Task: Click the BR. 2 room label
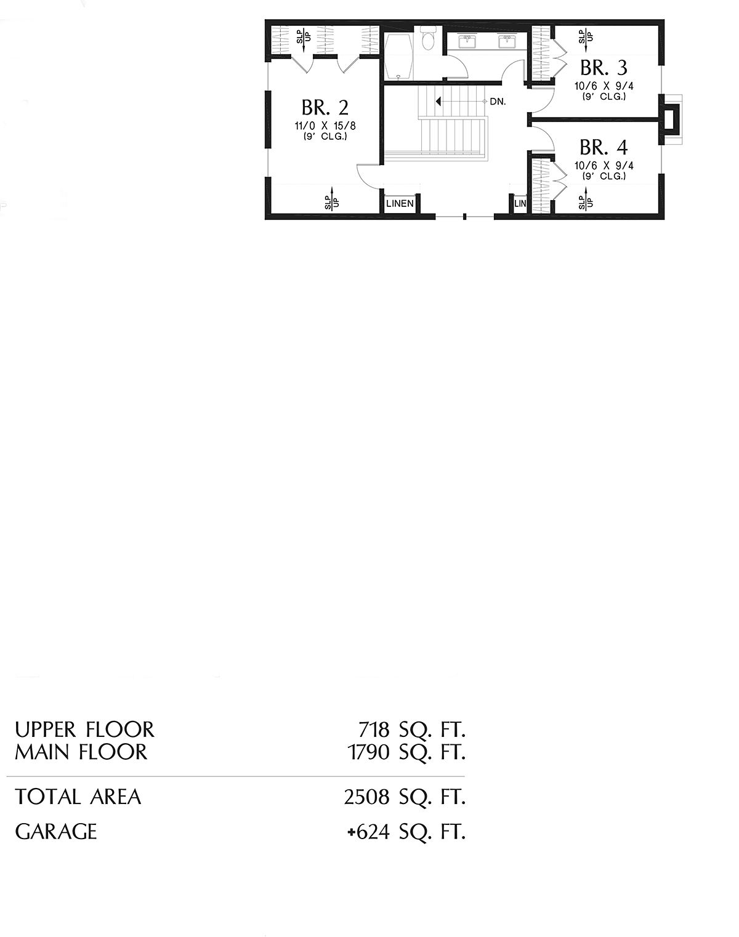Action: coord(325,108)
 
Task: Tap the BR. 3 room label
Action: coord(604,68)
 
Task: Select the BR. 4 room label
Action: coord(604,148)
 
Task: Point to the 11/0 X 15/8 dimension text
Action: coord(325,126)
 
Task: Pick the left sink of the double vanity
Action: coord(467,41)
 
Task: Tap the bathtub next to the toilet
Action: coord(398,57)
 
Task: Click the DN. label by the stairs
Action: coord(498,102)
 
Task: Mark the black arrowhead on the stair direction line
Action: coord(438,102)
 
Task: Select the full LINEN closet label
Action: coord(400,203)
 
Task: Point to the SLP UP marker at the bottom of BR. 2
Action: coord(332,199)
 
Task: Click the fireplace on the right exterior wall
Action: coord(671,119)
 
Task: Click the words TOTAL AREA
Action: coord(78,797)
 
